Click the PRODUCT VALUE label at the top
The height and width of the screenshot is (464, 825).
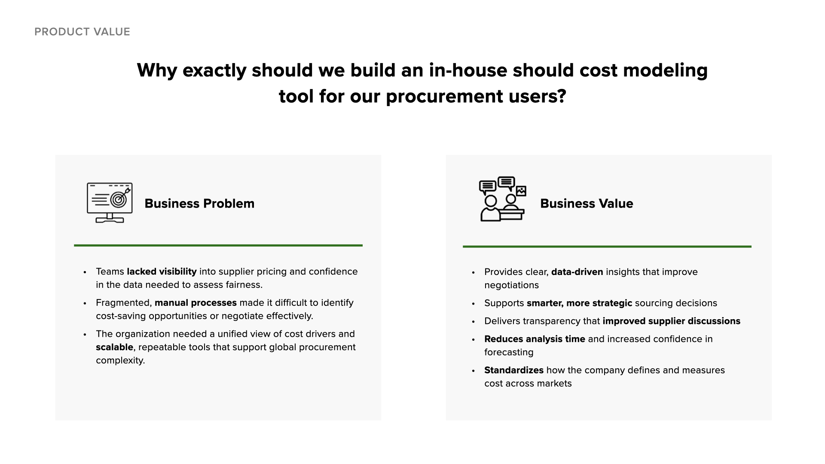pyautogui.click(x=82, y=32)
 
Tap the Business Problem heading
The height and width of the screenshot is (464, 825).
pyautogui.click(x=199, y=203)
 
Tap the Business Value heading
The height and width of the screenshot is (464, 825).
pyautogui.click(x=587, y=203)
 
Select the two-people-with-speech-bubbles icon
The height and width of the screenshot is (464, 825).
pyautogui.click(x=502, y=199)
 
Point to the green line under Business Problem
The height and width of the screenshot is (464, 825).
pyautogui.click(x=218, y=245)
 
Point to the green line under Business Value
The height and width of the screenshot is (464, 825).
pyautogui.click(x=607, y=247)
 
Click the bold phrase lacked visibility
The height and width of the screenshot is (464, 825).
pyautogui.click(x=162, y=272)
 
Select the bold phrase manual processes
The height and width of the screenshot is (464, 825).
pyautogui.click(x=196, y=303)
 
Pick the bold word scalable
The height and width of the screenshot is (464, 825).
pyautogui.click(x=114, y=347)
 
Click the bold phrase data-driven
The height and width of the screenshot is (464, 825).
pyautogui.click(x=577, y=272)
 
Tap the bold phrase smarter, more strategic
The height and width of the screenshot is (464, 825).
pyautogui.click(x=579, y=303)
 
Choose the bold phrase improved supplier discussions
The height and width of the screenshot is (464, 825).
pyautogui.click(x=671, y=321)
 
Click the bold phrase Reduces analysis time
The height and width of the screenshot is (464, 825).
pyautogui.click(x=535, y=339)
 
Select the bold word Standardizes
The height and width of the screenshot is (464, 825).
pyautogui.click(x=514, y=370)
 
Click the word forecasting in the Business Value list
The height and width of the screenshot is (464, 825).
pyautogui.click(x=509, y=352)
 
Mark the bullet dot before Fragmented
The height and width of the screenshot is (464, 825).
pyautogui.click(x=85, y=304)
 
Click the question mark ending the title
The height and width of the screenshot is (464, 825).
pyautogui.click(x=561, y=96)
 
